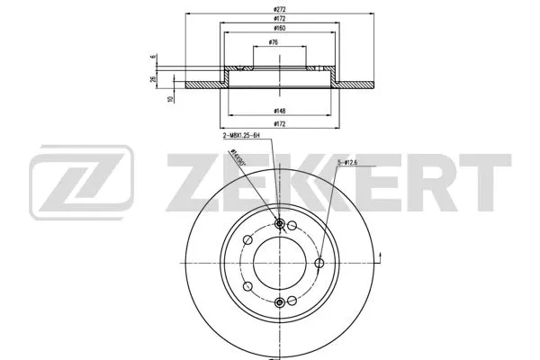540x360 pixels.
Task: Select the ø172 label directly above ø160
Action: (279, 18)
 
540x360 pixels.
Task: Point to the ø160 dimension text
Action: (279, 30)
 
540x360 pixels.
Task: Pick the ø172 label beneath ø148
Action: (279, 124)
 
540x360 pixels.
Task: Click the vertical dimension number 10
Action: (171, 99)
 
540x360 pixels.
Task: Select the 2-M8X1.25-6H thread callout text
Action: (240, 135)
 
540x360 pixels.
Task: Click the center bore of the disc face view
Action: (279, 263)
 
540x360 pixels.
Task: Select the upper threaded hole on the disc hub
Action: (279, 224)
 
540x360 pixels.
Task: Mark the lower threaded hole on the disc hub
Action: (279, 301)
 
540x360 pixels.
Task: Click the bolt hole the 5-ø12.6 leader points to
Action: (317, 263)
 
